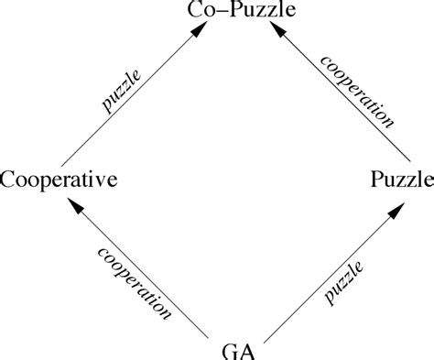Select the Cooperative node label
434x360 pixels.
coord(58,180)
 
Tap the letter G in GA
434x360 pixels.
coord(230,349)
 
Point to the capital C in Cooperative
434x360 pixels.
coord(8,180)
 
